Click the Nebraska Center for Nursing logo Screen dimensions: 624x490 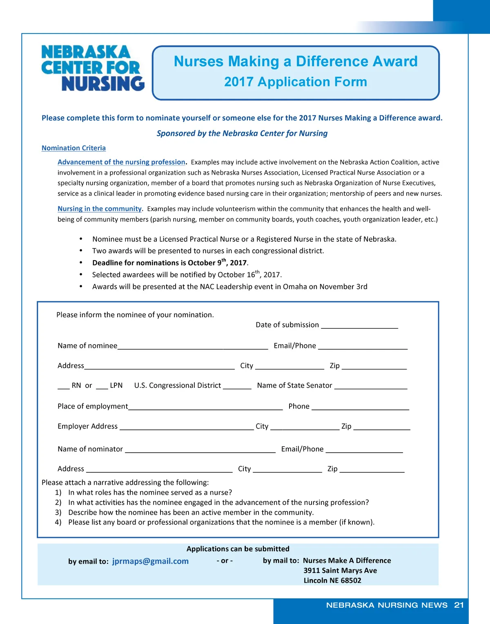(x=93, y=68)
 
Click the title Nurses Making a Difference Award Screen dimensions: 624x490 (x=296, y=62)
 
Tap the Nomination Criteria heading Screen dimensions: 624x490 (x=73, y=148)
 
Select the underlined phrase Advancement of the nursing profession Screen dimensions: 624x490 (x=121, y=162)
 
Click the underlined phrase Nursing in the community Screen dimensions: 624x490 (x=99, y=209)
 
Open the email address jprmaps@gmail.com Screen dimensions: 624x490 (x=150, y=561)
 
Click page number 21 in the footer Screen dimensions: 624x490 (x=459, y=605)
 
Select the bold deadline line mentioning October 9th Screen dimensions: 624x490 (x=170, y=263)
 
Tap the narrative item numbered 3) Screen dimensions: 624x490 (x=191, y=513)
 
